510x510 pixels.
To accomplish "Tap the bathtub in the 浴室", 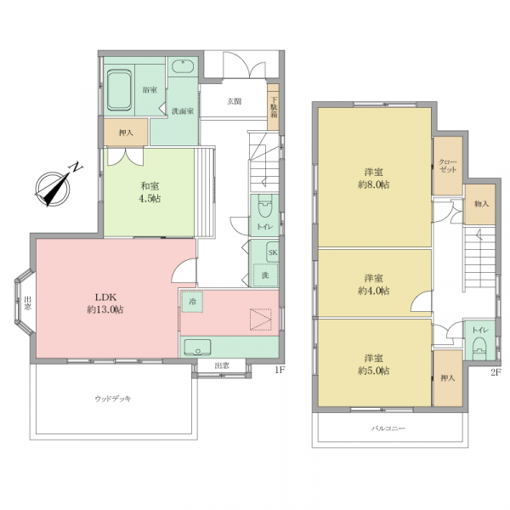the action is point(119,90).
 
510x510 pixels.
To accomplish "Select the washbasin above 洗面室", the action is point(183,66).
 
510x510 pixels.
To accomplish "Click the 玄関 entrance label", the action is point(234,101).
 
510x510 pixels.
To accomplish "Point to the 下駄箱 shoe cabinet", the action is point(273,107).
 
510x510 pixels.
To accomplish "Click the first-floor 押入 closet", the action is point(126,133).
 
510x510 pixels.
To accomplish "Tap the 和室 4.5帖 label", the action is point(150,193).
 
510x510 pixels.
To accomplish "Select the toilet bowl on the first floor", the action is point(264,207).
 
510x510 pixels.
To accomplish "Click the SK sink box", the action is point(273,252).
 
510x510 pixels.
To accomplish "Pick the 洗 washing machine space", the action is point(265,275).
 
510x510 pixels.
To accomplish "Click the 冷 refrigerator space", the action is point(192,302).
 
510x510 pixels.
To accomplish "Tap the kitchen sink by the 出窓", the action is point(197,347).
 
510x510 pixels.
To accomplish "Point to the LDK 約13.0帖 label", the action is point(105,303).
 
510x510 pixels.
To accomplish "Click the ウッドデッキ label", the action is point(113,399).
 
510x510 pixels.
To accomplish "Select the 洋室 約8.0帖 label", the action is point(374,178).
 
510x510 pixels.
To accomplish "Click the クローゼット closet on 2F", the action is point(448,166).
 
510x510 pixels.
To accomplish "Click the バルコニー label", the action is point(388,428).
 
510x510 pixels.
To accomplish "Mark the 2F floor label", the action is point(496,372).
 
